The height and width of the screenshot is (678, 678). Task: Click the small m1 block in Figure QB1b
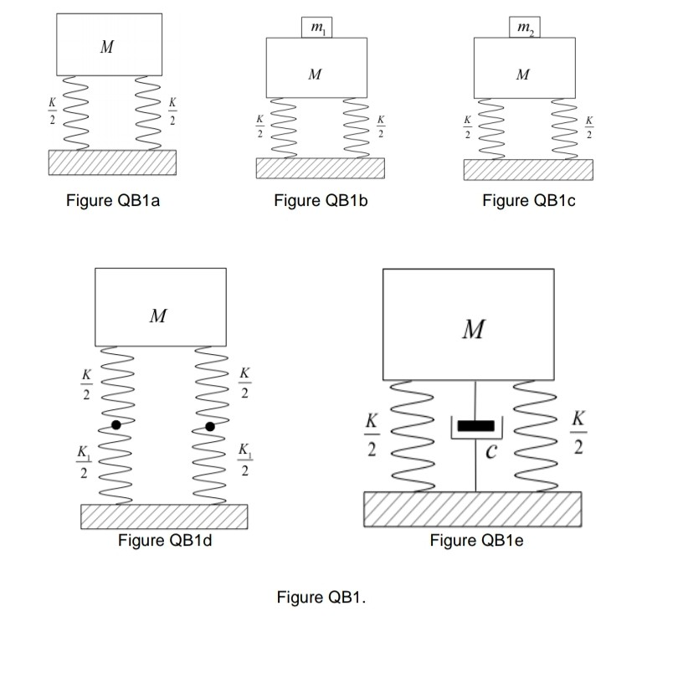coord(316,28)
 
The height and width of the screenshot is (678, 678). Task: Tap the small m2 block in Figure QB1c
coord(524,28)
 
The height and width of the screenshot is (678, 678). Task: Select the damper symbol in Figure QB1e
coord(475,428)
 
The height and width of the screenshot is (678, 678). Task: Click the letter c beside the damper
coord(494,453)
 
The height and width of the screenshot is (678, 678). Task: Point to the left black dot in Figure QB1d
coord(116,425)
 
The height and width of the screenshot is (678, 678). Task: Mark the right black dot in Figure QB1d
coord(210,426)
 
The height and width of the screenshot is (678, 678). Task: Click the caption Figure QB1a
coord(112,202)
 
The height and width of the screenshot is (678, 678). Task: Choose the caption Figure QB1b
coord(321,202)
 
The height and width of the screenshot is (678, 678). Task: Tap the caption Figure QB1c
coord(529,202)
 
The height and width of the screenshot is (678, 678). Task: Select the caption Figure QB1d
coord(165,540)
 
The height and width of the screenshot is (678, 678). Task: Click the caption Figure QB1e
coord(476,540)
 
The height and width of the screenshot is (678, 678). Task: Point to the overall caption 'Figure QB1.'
coord(321,598)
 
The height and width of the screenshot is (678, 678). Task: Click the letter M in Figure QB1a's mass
coord(106,48)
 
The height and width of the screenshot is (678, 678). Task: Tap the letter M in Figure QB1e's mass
coord(474,330)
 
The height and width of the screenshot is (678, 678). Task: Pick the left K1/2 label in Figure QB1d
coord(83,463)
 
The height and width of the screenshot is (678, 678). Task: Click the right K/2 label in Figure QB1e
coord(578,432)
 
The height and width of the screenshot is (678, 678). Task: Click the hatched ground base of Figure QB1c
coord(527,169)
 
